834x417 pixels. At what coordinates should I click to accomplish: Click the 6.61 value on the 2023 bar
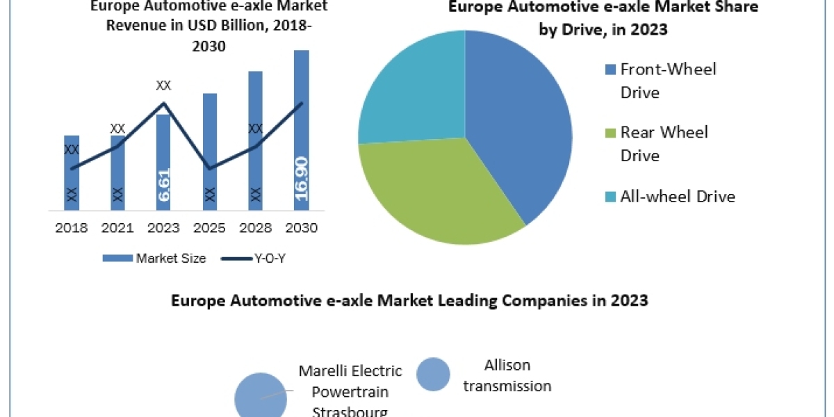click(x=164, y=185)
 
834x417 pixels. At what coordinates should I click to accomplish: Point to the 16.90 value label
click(x=302, y=178)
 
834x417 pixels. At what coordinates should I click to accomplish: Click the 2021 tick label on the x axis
click(x=117, y=228)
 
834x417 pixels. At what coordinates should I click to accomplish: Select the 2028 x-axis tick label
click(x=255, y=228)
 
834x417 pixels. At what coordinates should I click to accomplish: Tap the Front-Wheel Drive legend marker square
click(x=610, y=69)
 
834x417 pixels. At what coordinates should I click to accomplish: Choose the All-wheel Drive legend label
click(x=678, y=197)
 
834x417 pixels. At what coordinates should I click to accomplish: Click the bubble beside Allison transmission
click(x=433, y=375)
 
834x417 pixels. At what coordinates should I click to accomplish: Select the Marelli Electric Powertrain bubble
click(x=260, y=396)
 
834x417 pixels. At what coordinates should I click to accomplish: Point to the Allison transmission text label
click(x=507, y=375)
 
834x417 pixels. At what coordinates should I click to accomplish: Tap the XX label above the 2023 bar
click(x=163, y=85)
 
